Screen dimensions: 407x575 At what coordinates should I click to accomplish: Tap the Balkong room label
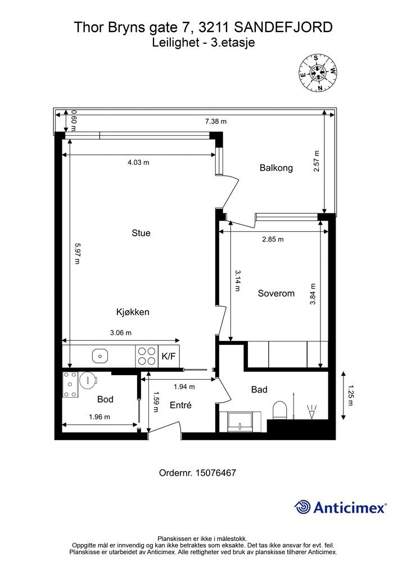tap(276, 168)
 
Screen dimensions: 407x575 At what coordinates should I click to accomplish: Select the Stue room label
tap(141, 233)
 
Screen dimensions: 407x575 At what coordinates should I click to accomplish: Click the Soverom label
tap(276, 293)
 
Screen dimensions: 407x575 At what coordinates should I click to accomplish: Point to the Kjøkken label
tap(133, 312)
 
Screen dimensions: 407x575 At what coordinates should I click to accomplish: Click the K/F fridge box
tap(169, 355)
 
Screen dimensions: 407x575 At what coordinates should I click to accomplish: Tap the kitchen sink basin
tap(100, 355)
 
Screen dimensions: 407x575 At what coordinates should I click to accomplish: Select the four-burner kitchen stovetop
tap(147, 356)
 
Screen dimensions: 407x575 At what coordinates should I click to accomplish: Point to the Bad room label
tap(259, 390)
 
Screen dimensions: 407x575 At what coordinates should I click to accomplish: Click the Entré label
tap(180, 405)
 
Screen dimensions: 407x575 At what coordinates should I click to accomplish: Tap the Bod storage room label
tap(105, 399)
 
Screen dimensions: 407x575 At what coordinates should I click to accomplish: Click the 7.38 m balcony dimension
tap(216, 121)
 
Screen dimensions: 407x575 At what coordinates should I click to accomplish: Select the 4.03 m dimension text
tap(138, 162)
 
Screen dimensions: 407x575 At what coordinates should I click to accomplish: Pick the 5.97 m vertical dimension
tap(76, 253)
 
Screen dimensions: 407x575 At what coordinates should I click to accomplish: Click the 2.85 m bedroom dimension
tap(273, 239)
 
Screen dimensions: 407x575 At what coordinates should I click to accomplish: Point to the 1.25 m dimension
tap(350, 395)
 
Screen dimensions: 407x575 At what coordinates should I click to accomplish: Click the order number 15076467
tap(216, 473)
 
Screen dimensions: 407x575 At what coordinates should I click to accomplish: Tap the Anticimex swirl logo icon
tap(302, 507)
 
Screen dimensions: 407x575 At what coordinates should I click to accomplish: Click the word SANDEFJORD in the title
tap(283, 28)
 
